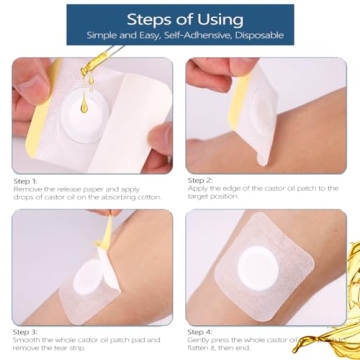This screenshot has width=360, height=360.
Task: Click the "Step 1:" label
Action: point(26,181)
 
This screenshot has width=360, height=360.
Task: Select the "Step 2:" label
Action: point(200,181)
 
